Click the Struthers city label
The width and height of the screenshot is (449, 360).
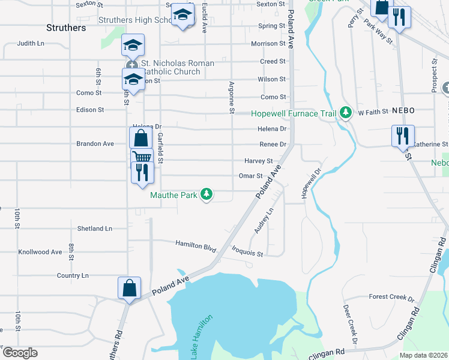coord(66,28)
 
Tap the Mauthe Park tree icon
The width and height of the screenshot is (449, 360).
coord(206,194)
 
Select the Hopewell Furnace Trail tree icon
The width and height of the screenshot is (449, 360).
coord(346,112)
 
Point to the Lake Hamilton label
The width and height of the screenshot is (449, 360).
coord(202,337)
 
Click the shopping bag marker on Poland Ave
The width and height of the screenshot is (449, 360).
coord(130,288)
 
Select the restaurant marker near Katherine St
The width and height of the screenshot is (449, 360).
coord(402,136)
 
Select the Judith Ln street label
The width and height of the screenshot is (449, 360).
coord(31,43)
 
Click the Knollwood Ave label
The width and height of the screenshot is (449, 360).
coord(40,252)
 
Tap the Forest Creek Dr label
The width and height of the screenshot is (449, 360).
coord(391,297)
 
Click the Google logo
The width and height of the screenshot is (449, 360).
coord(19,353)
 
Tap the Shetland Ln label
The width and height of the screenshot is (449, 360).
coord(95,229)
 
